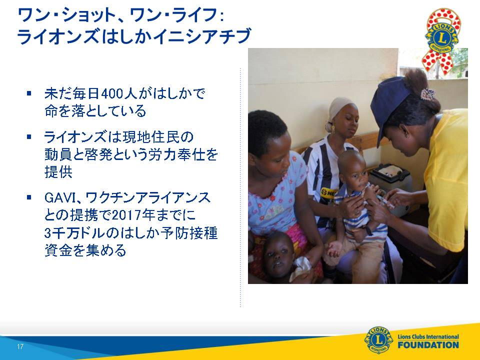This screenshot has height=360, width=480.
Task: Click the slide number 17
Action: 20,346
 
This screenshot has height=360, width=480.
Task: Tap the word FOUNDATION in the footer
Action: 428,345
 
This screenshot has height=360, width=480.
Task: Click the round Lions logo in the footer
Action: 378,340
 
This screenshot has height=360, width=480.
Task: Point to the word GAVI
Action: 60,198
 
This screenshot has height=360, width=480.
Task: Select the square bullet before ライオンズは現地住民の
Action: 29,137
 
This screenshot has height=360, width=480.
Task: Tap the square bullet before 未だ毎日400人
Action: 29,93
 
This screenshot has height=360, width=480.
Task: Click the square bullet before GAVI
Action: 29,197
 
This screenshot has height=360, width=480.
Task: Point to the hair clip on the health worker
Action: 427,94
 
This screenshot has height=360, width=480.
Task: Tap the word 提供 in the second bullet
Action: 58,172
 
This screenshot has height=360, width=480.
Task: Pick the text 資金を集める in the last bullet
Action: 85,250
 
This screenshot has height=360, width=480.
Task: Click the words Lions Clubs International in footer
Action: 428,336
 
